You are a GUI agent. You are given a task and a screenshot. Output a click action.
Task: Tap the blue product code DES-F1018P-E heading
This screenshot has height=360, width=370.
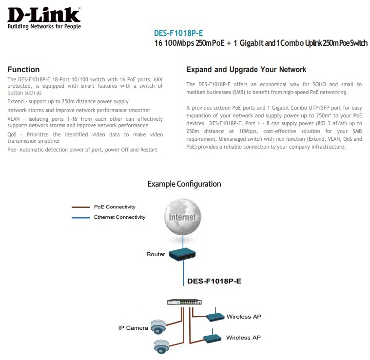(178, 33)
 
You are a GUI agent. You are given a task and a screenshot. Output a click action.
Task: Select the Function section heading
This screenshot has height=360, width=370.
(23, 69)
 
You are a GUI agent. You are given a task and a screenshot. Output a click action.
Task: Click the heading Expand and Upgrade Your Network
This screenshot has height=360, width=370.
(246, 69)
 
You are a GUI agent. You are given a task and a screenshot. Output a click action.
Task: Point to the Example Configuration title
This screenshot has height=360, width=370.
(184, 184)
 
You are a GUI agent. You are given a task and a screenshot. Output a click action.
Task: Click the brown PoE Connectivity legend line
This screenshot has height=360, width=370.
(81, 207)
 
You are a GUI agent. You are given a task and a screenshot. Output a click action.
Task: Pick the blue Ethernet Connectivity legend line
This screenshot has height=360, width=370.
(81, 217)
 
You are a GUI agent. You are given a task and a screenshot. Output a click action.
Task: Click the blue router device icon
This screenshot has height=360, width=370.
(183, 254)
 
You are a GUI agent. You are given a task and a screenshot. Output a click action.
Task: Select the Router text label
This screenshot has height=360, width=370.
(156, 254)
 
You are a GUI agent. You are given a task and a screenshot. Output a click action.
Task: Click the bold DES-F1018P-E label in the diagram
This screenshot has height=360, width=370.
(214, 281)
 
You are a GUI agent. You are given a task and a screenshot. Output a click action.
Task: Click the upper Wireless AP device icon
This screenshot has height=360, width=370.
(214, 317)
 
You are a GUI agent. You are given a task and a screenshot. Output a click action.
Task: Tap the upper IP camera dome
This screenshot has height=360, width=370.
(158, 327)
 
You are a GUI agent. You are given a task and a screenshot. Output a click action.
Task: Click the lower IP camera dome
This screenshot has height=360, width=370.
(162, 346)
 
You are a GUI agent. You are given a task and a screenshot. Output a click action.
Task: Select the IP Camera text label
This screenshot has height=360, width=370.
(133, 328)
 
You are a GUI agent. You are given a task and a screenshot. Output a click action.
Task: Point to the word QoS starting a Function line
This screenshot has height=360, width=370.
(12, 134)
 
